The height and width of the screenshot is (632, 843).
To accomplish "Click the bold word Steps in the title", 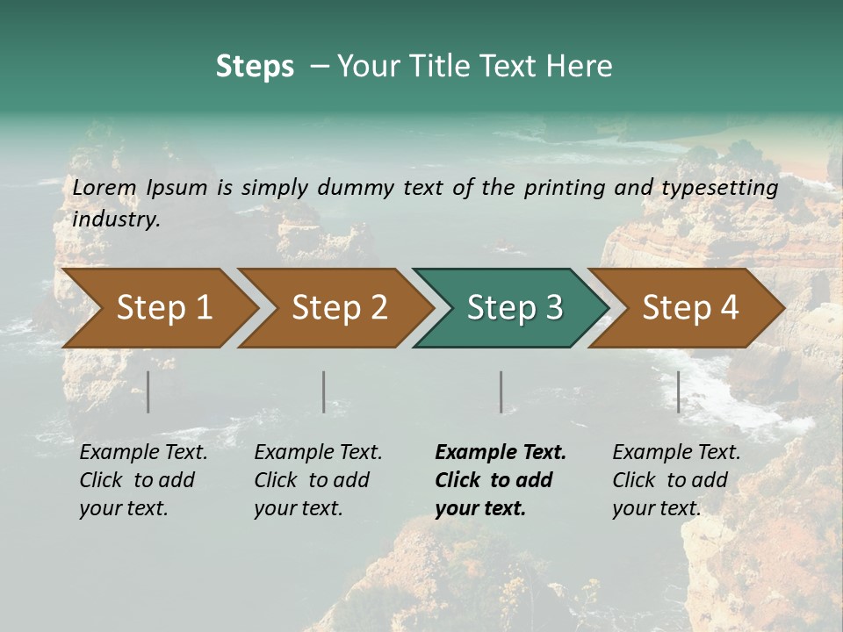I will (x=255, y=67).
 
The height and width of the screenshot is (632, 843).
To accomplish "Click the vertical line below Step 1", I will (x=148, y=391).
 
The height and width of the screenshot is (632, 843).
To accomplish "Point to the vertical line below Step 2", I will (x=324, y=391).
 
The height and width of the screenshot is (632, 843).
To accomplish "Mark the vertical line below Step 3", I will (x=501, y=391).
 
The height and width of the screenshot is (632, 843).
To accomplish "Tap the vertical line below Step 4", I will (x=678, y=391).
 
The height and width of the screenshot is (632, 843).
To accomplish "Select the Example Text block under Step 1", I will (x=143, y=480).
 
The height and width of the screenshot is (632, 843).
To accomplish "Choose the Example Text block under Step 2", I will (x=318, y=480).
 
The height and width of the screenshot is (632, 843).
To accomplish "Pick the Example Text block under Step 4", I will (x=676, y=480).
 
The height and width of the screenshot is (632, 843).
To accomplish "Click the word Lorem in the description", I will (x=104, y=187).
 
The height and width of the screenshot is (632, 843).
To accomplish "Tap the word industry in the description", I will (x=116, y=219).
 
